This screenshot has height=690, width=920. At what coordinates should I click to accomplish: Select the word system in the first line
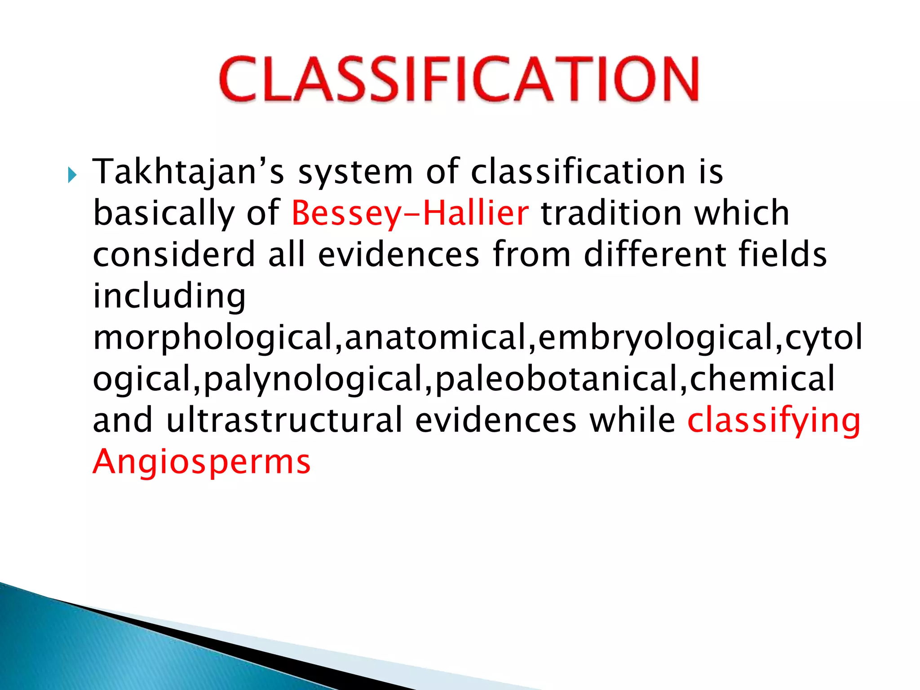355,172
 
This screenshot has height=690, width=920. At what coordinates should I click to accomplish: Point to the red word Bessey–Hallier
410,213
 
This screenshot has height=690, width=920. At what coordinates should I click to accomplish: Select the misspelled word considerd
174,255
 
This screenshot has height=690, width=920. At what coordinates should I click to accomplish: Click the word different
655,255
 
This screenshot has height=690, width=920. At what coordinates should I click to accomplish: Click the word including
169,296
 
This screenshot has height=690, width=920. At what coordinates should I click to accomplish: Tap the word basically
164,213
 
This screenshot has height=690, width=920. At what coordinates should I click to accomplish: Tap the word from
531,255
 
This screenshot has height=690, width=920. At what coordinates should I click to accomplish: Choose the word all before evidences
287,255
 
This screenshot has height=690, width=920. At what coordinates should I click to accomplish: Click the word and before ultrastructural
123,420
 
